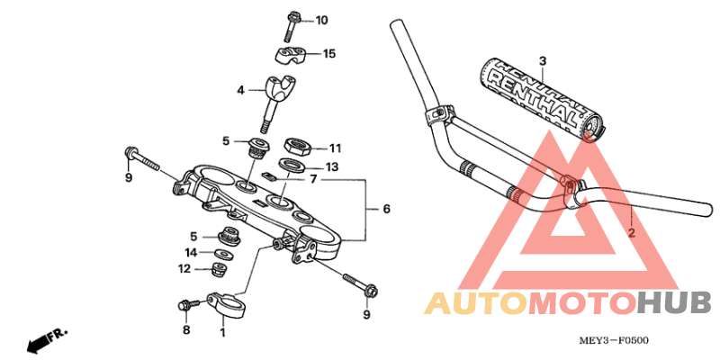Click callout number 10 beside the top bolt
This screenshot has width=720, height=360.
(322, 20)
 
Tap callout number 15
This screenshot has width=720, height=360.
(328, 54)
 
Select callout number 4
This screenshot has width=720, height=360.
(240, 90)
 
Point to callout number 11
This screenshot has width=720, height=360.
(335, 148)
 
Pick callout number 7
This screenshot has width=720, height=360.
(313, 179)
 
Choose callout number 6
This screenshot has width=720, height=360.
(386, 210)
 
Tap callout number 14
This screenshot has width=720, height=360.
(191, 253)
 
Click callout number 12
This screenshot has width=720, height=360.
(184, 268)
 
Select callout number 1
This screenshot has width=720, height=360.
(222, 333)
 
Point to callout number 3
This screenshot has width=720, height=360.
(543, 61)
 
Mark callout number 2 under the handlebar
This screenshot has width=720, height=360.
(631, 233)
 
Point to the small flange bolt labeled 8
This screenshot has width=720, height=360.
(188, 306)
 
